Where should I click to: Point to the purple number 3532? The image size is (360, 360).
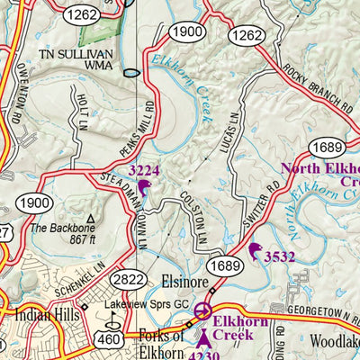click(x=280, y=256)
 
